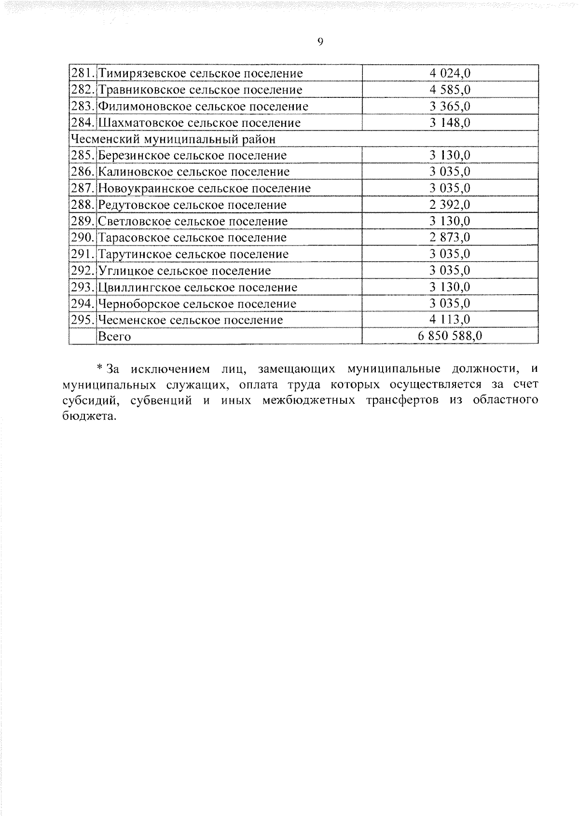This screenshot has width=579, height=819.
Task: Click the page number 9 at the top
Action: pos(320,42)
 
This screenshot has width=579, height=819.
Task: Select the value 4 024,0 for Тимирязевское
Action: pos(450,73)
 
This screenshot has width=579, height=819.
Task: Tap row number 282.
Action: pos(83,90)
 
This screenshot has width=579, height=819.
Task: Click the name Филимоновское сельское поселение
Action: pos(203,106)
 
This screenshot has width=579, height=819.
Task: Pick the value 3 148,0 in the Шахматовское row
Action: pos(450,123)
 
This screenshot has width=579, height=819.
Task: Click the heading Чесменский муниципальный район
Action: pos(173,139)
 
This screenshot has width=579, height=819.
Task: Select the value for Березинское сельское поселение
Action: pos(450,155)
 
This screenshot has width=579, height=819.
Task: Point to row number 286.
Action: pos(83,172)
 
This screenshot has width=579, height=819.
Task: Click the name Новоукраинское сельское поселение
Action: pos(204,188)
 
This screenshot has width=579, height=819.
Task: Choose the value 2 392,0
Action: pos(450,205)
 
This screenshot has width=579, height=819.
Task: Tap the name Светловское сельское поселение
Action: pos(193,221)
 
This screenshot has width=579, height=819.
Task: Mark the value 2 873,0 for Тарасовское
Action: pos(450,237)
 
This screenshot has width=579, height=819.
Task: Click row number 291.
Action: pos(83,254)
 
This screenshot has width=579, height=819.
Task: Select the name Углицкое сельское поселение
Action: pos(184,271)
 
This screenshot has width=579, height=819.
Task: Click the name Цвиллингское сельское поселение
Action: pos(197,287)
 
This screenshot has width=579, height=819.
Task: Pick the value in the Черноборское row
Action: pos(450,303)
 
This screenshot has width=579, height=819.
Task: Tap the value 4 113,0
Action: pos(450,320)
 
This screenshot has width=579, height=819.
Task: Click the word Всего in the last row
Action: pos(114,337)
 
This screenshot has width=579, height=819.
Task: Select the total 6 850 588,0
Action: pos(450,336)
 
